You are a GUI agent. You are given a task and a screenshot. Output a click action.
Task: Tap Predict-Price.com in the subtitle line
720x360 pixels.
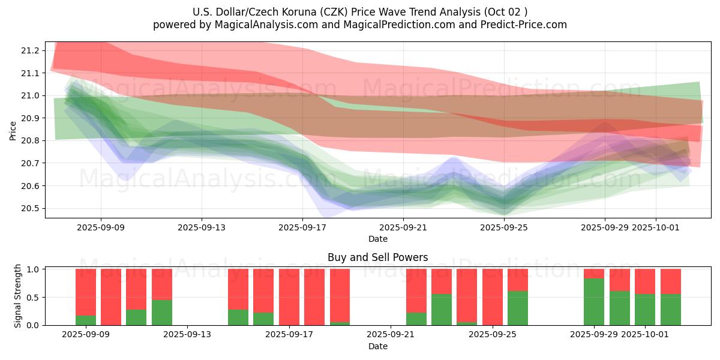point(517,25)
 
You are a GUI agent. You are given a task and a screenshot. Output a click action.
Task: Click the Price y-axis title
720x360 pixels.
point(13,130)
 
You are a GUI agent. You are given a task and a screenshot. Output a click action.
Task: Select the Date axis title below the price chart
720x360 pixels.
point(378,239)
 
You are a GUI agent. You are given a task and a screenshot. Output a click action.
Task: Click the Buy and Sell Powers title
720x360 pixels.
point(378,257)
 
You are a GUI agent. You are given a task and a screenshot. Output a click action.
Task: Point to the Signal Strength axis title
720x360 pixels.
point(18,296)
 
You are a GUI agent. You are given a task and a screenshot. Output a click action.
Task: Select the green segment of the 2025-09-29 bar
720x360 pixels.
point(594,302)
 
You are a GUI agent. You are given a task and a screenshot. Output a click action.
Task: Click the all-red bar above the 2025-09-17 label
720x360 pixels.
point(289,297)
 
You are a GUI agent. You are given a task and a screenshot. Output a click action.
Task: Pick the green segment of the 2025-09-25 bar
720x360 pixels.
point(518,308)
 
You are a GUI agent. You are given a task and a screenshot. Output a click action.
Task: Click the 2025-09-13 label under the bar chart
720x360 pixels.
point(187,335)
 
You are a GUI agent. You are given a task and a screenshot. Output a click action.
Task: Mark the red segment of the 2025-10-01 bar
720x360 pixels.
point(645,281)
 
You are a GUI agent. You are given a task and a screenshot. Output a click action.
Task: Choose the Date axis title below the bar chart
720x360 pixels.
point(378,346)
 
